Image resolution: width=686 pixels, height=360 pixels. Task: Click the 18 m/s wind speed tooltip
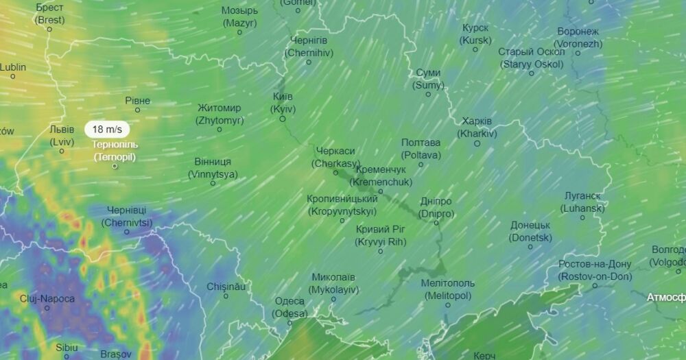tap(107, 129)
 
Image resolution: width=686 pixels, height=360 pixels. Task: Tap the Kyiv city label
tap(283, 103)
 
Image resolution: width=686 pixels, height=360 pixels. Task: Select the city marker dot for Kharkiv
tap(476, 143)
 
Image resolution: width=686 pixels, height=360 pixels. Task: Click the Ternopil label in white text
tap(115, 151)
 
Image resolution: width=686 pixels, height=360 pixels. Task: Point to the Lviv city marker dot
tap(62, 152)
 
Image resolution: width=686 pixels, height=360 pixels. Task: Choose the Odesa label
tap(289, 307)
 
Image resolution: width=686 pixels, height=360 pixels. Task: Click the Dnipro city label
tap(436, 207)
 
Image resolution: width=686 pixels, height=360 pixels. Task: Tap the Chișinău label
tap(226, 287)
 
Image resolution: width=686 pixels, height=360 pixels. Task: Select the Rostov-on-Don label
tap(585, 270)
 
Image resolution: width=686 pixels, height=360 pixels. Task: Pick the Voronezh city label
tap(578, 38)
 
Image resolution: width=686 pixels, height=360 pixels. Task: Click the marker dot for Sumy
tap(429, 95)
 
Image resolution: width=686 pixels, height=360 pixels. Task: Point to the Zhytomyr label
tap(220, 114)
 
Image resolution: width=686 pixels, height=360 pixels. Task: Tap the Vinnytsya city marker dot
tap(213, 183)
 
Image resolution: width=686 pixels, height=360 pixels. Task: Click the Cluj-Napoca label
tap(47, 298)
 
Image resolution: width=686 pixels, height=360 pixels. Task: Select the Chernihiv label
tap(308, 47)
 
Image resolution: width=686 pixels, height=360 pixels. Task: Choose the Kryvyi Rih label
tap(381, 235)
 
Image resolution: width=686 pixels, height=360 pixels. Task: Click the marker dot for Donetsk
tap(530, 247)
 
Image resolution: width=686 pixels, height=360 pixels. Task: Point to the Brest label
tap(50, 14)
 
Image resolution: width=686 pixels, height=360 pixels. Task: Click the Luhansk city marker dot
tap(583, 217)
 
